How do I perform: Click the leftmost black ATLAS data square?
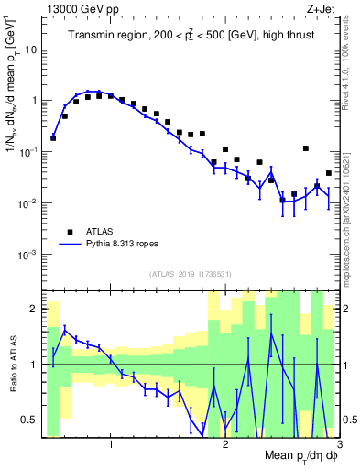tap(53, 137)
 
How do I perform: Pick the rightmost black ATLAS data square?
tap(328, 173)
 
